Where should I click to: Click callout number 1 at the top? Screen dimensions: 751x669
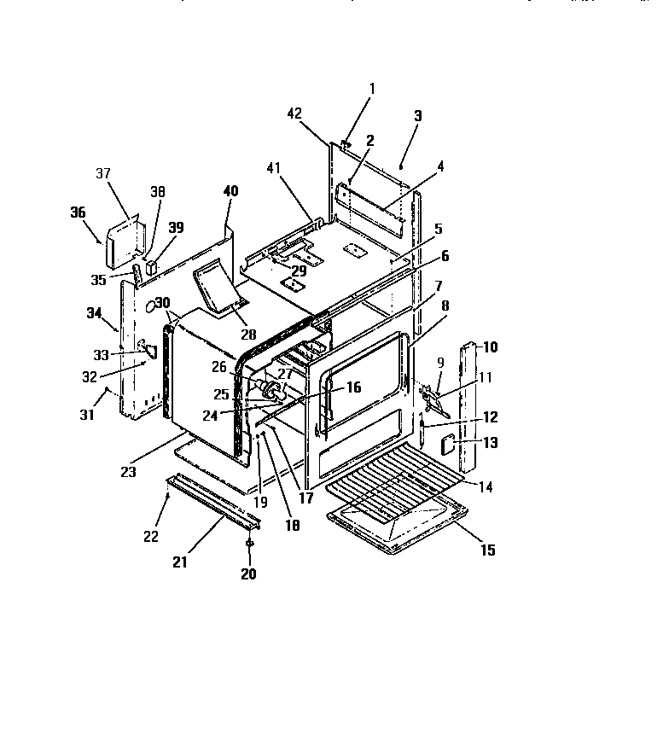pyautogui.click(x=372, y=88)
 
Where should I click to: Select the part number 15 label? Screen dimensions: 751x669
pyautogui.click(x=487, y=550)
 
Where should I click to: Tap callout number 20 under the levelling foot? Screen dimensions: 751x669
pyautogui.click(x=247, y=573)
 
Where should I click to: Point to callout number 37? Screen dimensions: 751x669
pyautogui.click(x=103, y=173)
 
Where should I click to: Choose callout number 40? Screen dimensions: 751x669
pyautogui.click(x=230, y=190)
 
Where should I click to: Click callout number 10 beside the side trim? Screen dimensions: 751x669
pyautogui.click(x=491, y=347)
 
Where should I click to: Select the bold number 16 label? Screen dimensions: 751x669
pyautogui.click(x=352, y=387)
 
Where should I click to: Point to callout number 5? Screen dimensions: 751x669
pyautogui.click(x=438, y=229)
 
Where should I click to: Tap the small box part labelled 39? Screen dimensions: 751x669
pyautogui.click(x=152, y=265)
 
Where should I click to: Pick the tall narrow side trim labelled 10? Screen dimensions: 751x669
pyautogui.click(x=469, y=410)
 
